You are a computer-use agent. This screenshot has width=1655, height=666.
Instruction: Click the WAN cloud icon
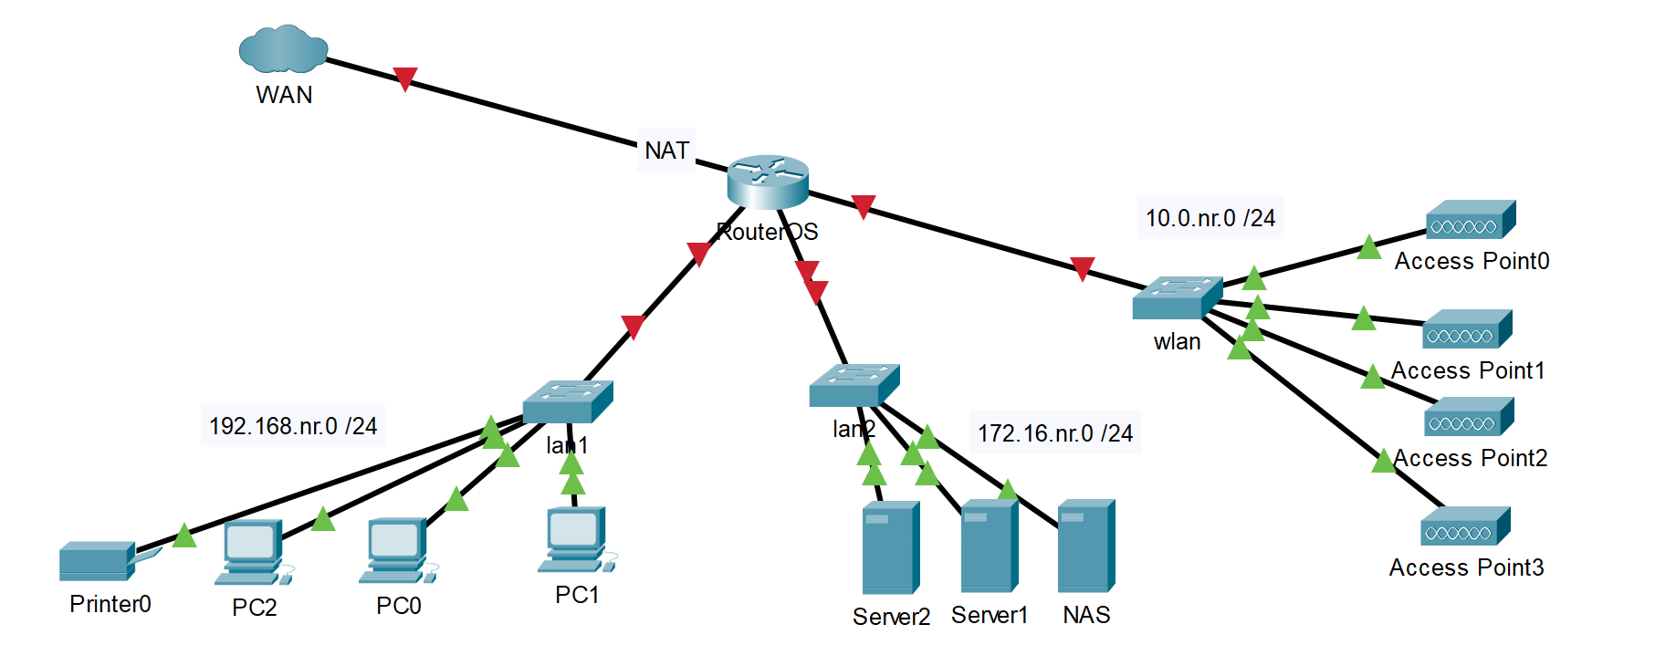(x=283, y=49)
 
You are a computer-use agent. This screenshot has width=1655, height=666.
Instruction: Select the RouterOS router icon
(x=768, y=181)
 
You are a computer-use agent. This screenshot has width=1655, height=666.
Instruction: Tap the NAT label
(x=666, y=151)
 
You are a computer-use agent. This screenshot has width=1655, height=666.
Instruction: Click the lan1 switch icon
(x=568, y=401)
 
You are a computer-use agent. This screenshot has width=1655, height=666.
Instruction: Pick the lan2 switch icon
(x=854, y=385)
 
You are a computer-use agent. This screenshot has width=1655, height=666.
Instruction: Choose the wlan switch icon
(x=1177, y=298)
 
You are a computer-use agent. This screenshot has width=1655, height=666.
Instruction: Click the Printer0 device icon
(x=99, y=560)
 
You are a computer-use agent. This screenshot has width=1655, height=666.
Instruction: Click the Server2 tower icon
(x=890, y=547)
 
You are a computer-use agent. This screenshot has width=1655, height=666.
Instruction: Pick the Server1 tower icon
(x=989, y=546)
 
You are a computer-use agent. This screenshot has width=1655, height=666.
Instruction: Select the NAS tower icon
(x=1085, y=546)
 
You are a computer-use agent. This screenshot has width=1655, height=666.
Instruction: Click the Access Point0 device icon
(x=1470, y=220)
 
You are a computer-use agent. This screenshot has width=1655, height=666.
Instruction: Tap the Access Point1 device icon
(x=1467, y=329)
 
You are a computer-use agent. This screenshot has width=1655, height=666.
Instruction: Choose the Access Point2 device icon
(x=1469, y=417)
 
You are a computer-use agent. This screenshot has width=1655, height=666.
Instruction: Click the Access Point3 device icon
(x=1465, y=526)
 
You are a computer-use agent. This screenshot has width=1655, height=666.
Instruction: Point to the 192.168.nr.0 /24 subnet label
(x=293, y=426)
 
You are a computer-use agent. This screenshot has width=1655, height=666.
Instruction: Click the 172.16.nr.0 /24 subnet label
(x=1055, y=433)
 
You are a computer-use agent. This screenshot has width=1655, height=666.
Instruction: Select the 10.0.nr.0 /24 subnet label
(x=1210, y=218)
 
